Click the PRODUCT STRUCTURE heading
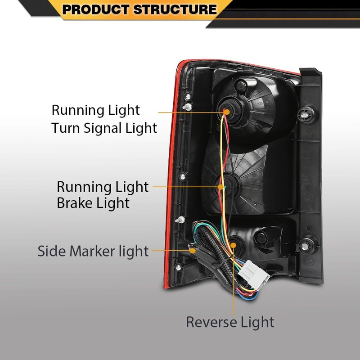tap(139, 9)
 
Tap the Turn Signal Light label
tap(104, 128)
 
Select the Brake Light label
tap(93, 203)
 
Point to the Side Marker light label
tap(93, 251)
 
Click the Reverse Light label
tap(230, 322)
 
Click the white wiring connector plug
tap(254, 275)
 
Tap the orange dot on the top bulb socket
tap(227, 112)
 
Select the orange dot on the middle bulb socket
tap(220, 187)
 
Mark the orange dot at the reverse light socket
tap(233, 245)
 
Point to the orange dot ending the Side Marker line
tap(193, 251)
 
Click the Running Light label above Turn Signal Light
tap(95, 110)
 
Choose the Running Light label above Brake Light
tap(103, 187)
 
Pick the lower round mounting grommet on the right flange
tap(304, 246)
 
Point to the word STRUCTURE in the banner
tap(175, 9)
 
